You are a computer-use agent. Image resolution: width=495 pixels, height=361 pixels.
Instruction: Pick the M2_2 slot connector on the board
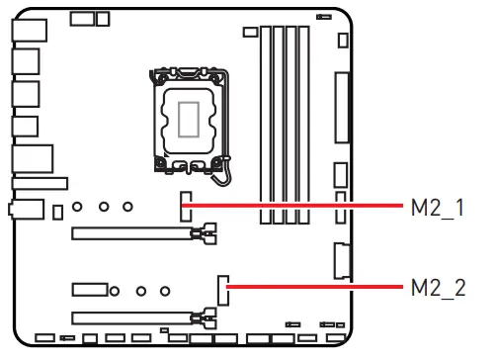click(x=223, y=289)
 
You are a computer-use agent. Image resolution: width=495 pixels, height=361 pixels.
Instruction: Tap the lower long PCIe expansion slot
click(x=133, y=317)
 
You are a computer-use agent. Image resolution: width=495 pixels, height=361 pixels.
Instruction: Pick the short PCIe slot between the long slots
click(x=89, y=290)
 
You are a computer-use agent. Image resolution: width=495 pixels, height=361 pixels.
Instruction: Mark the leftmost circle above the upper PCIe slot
click(x=81, y=210)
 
